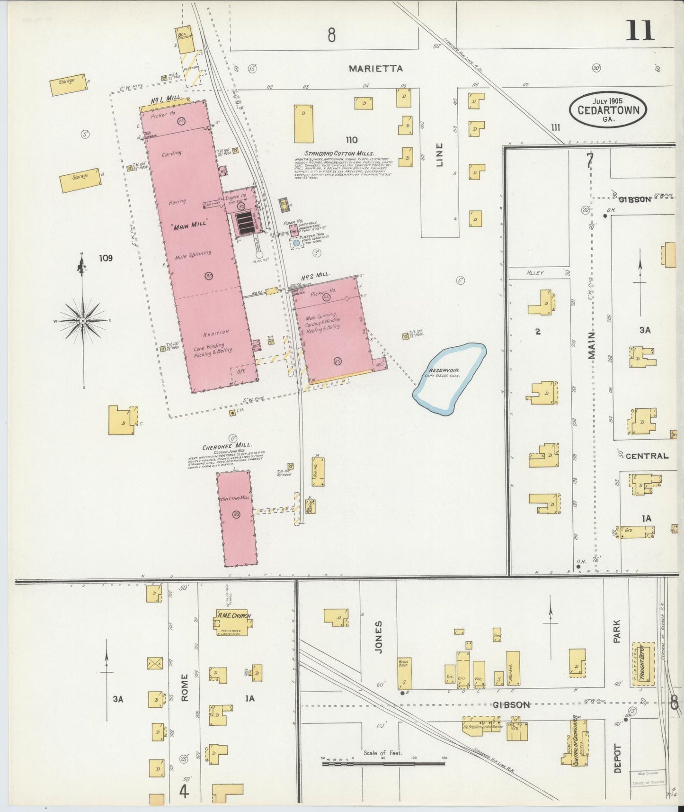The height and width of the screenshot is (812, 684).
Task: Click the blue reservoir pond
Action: coord(449,379)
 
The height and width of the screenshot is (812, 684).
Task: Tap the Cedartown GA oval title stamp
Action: coord(608,110)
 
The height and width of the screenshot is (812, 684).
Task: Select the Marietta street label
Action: coord(375,69)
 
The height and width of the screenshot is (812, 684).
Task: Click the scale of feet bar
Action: coord(383,763)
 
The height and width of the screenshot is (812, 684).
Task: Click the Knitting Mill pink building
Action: coord(237,519)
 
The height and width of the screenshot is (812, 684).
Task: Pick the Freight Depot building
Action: coord(644,664)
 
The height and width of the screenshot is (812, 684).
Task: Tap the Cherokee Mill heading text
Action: coord(227,446)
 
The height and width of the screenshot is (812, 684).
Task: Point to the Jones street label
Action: coord(378,637)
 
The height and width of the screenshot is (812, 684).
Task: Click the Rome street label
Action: coord(184,687)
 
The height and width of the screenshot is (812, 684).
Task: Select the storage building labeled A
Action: coord(68,85)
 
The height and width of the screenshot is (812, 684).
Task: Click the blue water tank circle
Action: coord(296,243)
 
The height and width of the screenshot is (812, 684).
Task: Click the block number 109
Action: coord(106,258)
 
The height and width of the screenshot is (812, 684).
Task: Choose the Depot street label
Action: coord(617,758)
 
